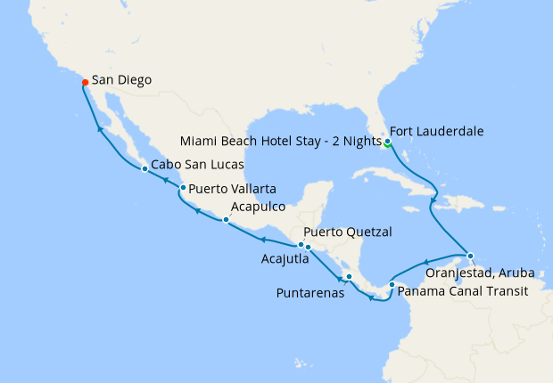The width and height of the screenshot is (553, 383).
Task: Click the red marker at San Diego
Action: coord(85,82)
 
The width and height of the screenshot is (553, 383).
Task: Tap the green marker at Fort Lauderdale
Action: coord(387,142)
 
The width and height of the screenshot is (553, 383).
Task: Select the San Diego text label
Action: coord(121,80)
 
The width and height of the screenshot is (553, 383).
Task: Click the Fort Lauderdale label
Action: coord(436,131)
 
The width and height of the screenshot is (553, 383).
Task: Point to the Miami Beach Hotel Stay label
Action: coord(280,142)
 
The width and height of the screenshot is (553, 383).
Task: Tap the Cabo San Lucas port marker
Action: coord(144,168)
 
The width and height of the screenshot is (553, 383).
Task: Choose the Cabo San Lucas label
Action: coord(196,165)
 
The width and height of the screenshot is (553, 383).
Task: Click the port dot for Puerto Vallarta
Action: coord(183,188)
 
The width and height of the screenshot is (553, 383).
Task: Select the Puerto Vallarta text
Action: coord(232,189)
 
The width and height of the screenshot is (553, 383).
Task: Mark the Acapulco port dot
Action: coord(226,220)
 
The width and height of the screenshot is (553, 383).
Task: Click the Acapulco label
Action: coord(259,207)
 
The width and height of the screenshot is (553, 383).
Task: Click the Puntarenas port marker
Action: coord(350,276)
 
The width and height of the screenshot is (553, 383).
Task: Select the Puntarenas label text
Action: coord(310,292)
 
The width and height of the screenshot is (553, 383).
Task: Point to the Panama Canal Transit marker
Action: coord(392,285)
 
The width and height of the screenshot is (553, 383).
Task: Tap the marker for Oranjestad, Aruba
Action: coord(470,256)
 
